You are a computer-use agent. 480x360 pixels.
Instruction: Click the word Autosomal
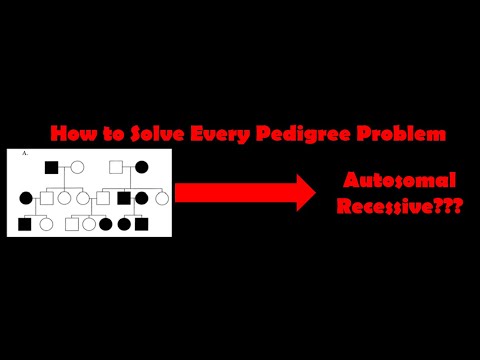pos(399,181)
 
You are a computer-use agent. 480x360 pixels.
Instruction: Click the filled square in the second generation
pos(124,198)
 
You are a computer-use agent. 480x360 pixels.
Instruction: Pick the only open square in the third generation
pos(71,224)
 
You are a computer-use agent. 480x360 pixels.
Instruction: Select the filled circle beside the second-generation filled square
pos(142,198)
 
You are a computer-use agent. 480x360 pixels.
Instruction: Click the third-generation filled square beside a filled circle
pos(142,224)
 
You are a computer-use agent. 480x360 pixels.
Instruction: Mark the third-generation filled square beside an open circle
pos(25,224)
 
